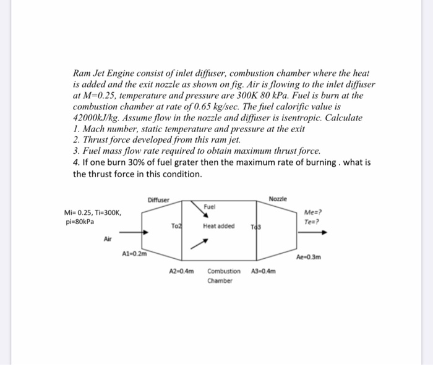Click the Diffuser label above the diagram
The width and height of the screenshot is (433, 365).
tap(158, 199)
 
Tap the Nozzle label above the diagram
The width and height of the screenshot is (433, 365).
tap(277, 199)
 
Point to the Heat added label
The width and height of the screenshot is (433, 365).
tap(218, 226)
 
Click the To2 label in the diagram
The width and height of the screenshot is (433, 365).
tap(176, 227)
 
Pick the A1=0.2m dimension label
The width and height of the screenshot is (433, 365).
tap(134, 254)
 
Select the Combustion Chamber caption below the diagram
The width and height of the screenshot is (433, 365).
tap(223, 275)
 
